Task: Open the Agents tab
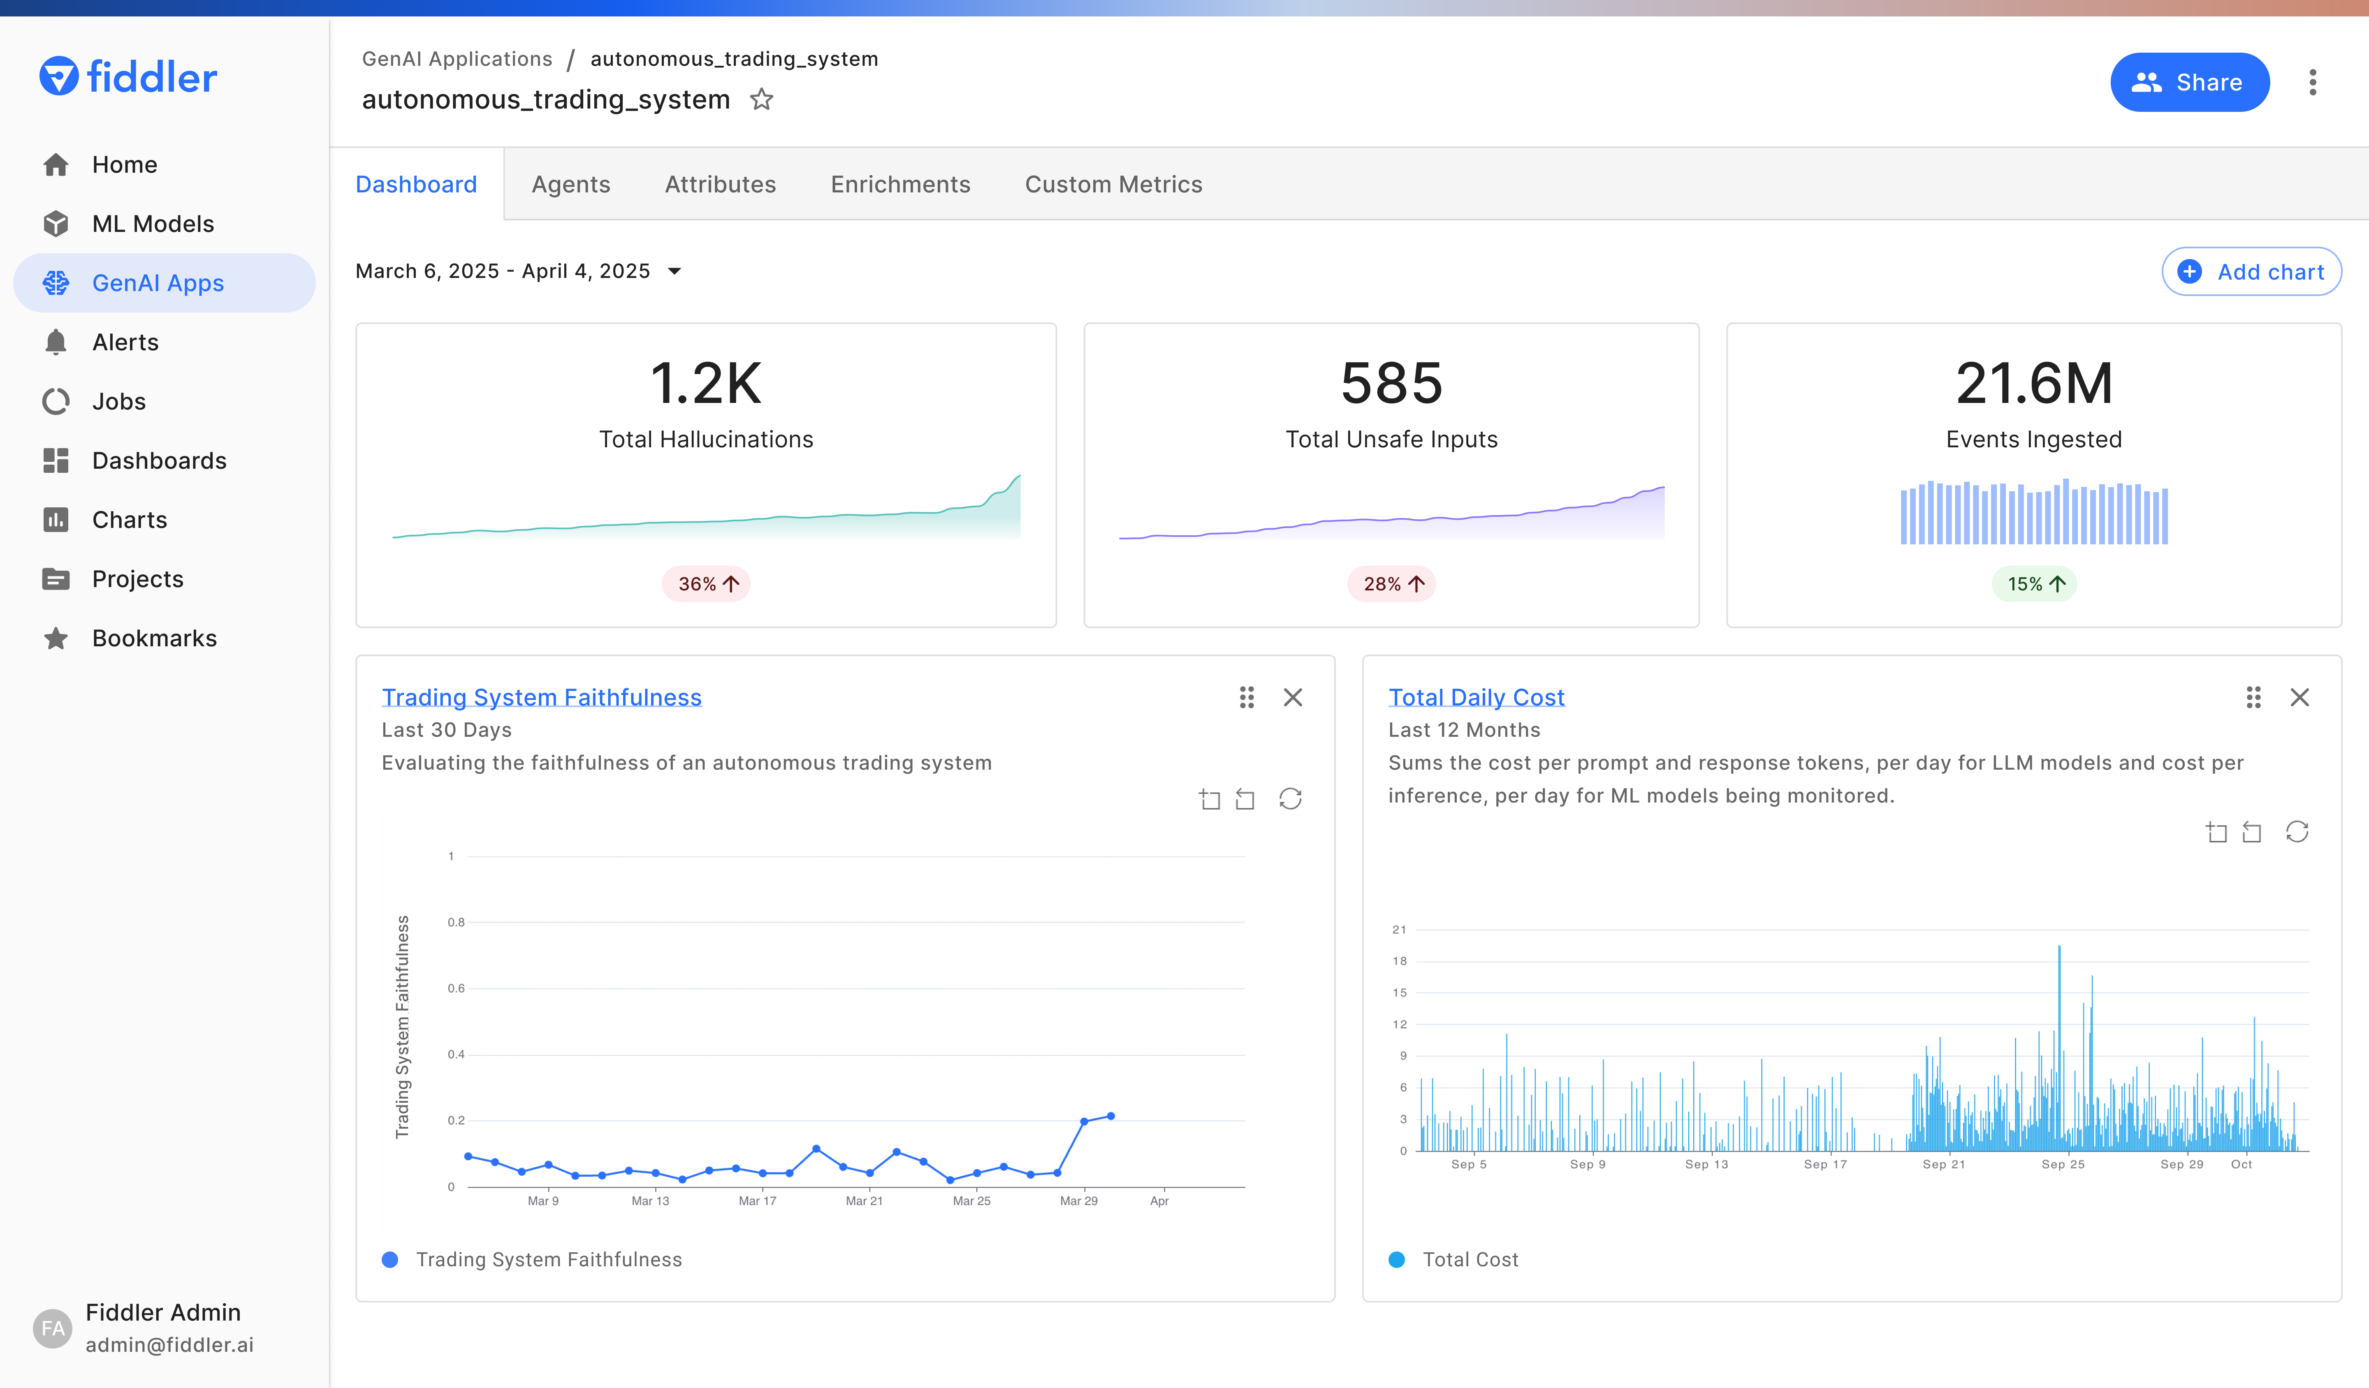(570, 184)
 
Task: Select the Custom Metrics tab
(1113, 184)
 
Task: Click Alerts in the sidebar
(125, 342)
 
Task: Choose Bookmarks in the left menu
(154, 638)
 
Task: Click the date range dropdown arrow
(674, 272)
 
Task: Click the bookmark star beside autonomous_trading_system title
(761, 99)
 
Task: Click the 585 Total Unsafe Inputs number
(1391, 384)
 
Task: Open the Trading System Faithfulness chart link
(542, 697)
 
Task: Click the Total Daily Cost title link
(1476, 697)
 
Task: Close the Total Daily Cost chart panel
(2299, 697)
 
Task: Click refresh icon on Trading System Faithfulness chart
(1290, 799)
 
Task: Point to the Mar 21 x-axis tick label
(864, 1201)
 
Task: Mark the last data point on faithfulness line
(1111, 1116)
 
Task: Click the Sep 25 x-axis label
(2063, 1164)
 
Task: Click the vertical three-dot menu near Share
(2313, 83)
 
